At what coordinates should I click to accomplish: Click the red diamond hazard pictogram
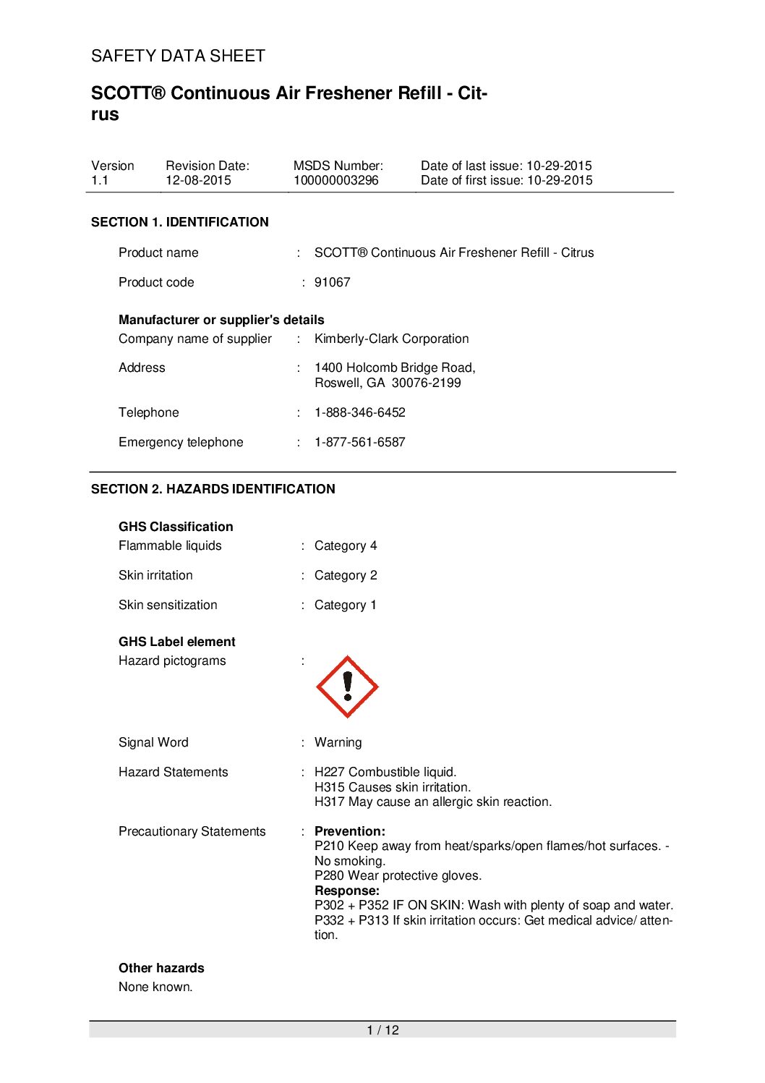347,687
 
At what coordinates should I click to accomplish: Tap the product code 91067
332,282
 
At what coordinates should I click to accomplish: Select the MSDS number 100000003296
336,180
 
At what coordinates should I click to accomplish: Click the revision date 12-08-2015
198,180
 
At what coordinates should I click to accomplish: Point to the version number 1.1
100,180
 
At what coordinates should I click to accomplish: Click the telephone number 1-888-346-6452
359,412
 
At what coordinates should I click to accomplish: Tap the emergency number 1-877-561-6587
359,442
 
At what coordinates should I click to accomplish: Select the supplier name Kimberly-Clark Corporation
391,339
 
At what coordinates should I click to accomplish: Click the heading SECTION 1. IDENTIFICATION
179,222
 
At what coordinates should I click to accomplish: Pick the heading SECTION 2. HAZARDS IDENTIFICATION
213,489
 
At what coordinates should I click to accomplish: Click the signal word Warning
338,742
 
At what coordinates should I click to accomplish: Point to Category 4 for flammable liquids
346,545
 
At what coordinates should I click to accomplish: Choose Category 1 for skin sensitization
346,605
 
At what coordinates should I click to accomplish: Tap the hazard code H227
329,772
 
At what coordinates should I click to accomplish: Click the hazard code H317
329,802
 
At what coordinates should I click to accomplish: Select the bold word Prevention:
350,831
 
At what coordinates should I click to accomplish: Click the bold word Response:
347,891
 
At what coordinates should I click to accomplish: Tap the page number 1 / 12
382,1030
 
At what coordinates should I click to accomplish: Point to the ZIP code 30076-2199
426,383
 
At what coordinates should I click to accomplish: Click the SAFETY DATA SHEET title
178,56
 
